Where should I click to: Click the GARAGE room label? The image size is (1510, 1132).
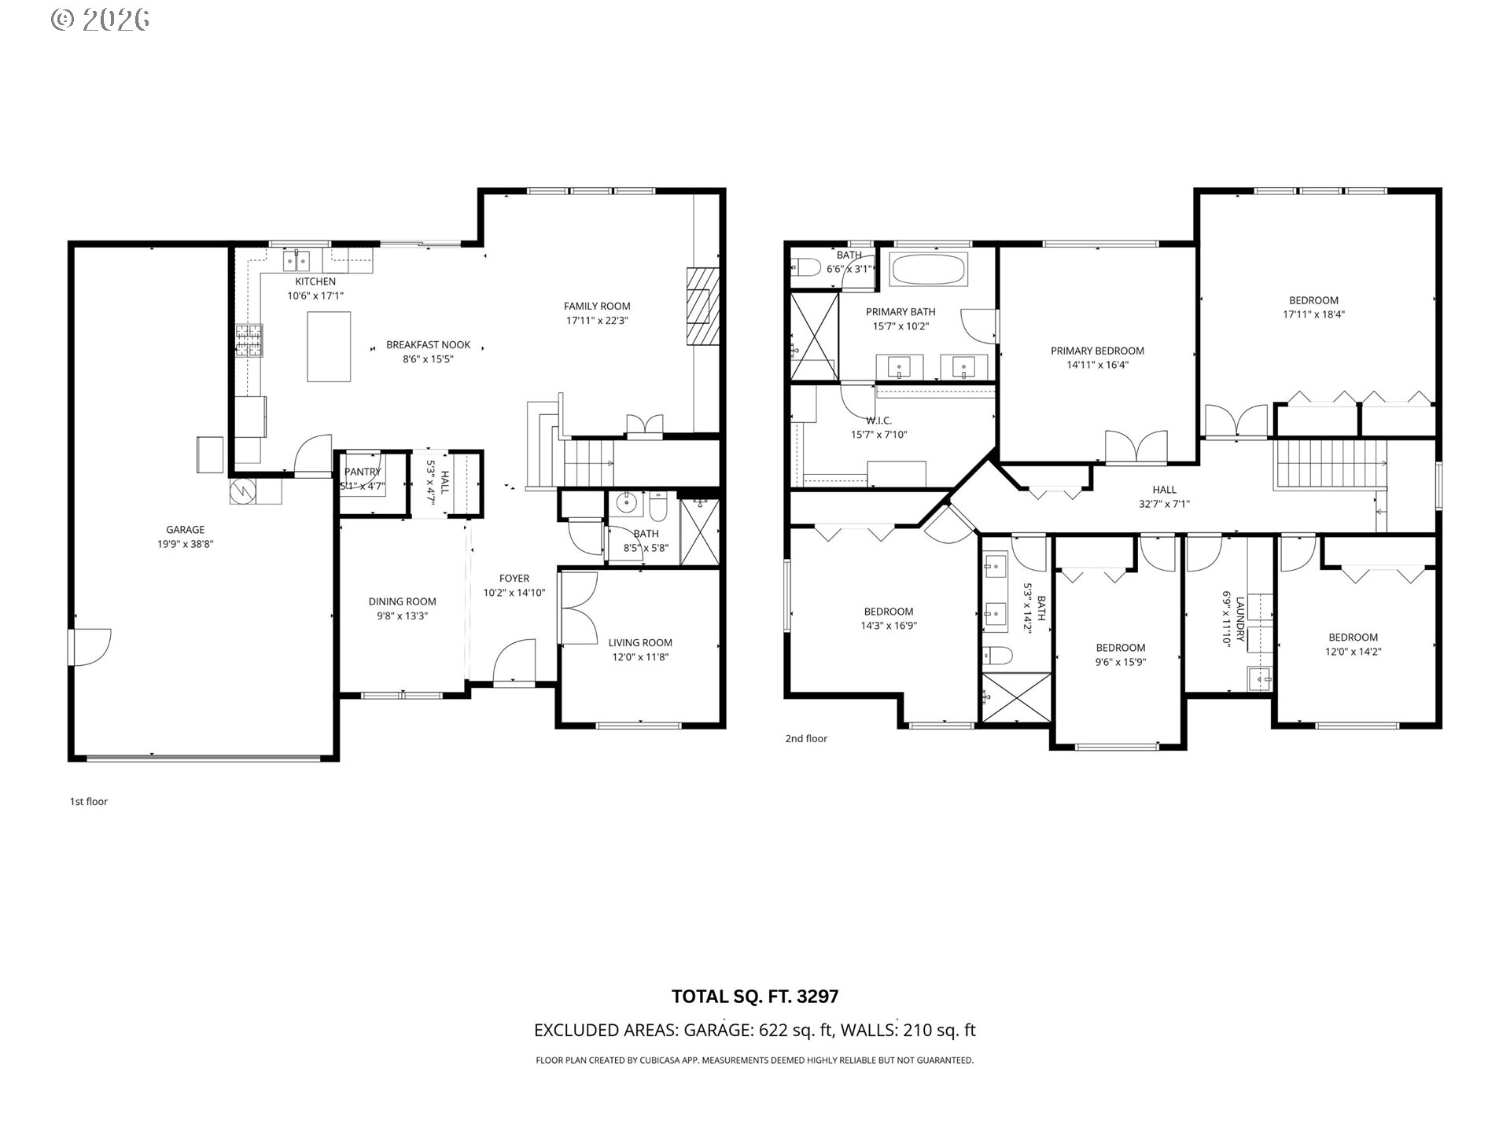tap(185, 530)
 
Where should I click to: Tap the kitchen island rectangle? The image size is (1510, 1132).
tap(329, 347)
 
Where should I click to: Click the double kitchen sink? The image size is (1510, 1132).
tap(297, 259)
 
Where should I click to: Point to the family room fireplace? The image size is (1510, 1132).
tap(702, 306)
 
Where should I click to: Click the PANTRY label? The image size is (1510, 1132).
tap(363, 472)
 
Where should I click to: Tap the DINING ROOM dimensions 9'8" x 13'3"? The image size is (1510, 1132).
tap(402, 616)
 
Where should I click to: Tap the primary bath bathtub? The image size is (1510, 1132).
tap(928, 270)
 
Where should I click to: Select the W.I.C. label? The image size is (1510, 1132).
tap(878, 421)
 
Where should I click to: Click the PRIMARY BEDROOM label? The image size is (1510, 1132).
tap(1097, 351)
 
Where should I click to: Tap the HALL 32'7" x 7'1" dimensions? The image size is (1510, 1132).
tap(1164, 504)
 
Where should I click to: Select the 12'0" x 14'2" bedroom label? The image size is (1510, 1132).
tap(1353, 652)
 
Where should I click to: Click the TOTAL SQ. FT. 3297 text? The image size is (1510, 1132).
tap(754, 997)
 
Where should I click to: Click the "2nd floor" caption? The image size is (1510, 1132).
tap(806, 739)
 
